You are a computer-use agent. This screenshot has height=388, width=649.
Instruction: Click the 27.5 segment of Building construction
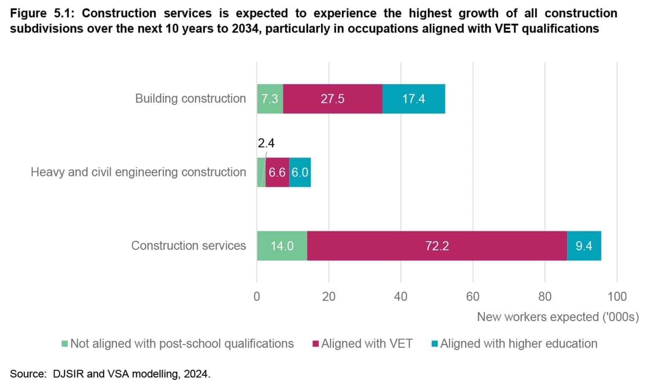(333, 99)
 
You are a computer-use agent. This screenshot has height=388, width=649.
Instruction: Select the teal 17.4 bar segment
(413, 99)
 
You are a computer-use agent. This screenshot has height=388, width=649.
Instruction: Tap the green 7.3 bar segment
(270, 99)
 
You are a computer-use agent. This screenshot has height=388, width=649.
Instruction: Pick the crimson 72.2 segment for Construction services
(437, 246)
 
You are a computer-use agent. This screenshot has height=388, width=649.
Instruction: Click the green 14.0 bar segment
(282, 246)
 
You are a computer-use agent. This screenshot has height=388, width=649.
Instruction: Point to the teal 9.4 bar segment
(584, 246)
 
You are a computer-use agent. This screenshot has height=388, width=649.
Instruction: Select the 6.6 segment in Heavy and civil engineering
(277, 173)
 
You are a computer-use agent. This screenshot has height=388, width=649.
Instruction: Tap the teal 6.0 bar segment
(300, 173)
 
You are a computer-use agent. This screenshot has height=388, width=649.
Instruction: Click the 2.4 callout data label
(266, 143)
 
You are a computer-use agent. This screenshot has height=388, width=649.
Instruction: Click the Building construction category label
(190, 99)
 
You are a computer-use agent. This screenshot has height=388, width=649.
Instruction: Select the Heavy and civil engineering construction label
(138, 172)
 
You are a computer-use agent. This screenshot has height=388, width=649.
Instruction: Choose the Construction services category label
(188, 246)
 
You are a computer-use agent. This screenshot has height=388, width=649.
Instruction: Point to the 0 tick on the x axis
(256, 297)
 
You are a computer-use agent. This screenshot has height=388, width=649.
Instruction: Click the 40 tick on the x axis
(401, 297)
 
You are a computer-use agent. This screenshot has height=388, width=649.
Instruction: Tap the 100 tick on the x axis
(617, 297)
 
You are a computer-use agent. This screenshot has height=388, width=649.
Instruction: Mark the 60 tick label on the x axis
(473, 297)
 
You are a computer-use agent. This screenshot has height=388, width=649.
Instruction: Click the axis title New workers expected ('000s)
(558, 317)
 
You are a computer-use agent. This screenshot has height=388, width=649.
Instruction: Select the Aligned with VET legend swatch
(315, 344)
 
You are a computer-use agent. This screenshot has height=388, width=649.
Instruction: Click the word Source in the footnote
(27, 374)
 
